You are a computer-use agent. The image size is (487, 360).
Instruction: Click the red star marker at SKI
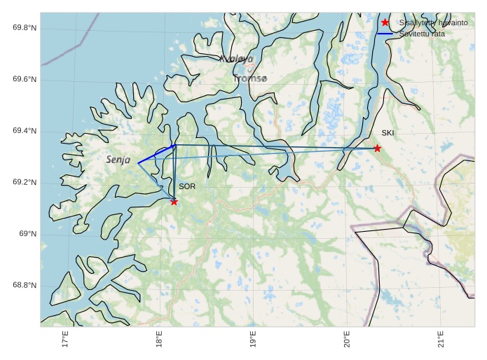tap(377, 148)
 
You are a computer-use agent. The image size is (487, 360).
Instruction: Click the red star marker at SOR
tap(174, 202)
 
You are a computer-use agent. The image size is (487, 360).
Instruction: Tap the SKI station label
tap(387, 132)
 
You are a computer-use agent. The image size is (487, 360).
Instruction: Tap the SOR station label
tap(187, 186)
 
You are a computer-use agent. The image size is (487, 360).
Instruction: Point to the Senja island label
tap(118, 160)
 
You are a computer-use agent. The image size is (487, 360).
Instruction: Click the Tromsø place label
tap(250, 79)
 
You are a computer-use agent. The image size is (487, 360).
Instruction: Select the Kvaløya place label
tap(236, 60)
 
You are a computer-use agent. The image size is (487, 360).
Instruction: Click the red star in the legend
tap(385, 22)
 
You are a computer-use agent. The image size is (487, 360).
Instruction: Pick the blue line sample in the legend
tap(385, 33)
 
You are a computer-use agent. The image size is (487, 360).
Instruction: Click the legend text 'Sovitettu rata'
tap(422, 33)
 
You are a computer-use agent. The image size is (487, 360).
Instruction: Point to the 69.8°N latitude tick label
tap(25, 27)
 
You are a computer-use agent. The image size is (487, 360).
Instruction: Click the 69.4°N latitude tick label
tap(25, 131)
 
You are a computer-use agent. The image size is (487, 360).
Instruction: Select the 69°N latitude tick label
tap(27, 234)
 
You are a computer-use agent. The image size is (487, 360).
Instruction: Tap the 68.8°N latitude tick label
tap(25, 285)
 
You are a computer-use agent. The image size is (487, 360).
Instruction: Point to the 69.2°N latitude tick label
tap(25, 182)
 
